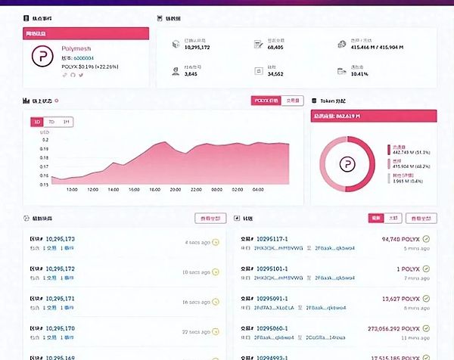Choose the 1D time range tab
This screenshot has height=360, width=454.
[x=36, y=121]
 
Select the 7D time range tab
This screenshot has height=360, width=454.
[x=51, y=121]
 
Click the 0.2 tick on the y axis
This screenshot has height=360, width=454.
[x=45, y=140]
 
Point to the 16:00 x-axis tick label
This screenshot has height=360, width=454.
[x=154, y=190]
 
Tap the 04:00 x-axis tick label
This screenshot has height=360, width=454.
[x=258, y=190]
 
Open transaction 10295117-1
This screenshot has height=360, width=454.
[x=281, y=239]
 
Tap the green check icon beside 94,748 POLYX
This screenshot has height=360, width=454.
[x=427, y=239]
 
